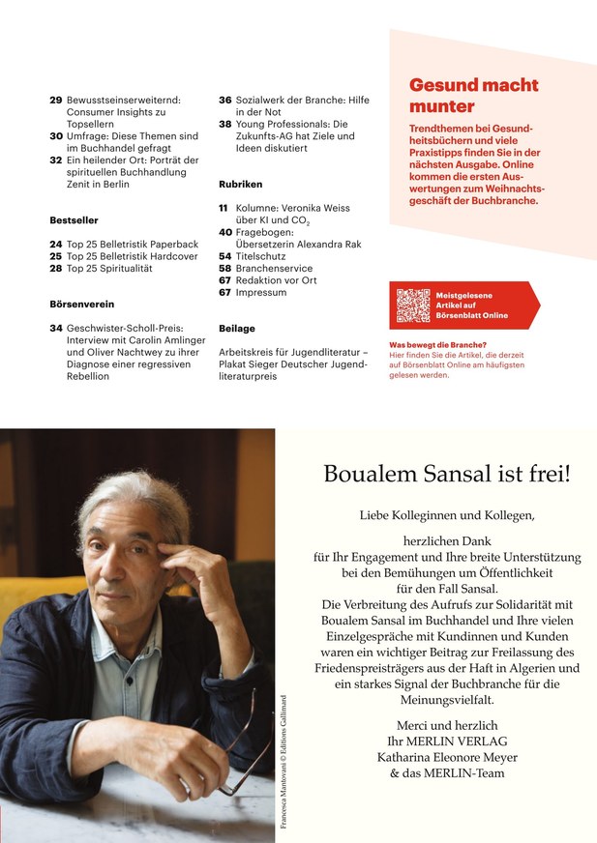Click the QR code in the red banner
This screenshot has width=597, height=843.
pyautogui.click(x=412, y=305)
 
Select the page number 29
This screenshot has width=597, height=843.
pyautogui.click(x=55, y=100)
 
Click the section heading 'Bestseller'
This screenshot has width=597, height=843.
pyautogui.click(x=74, y=220)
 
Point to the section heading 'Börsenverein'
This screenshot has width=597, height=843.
pyautogui.click(x=82, y=304)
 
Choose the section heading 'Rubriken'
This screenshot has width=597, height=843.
pyautogui.click(x=241, y=184)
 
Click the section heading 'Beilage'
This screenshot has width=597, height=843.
pyautogui.click(x=237, y=329)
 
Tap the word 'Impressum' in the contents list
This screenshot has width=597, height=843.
pyautogui.click(x=260, y=293)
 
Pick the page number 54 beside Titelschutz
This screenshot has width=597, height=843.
pyautogui.click(x=224, y=256)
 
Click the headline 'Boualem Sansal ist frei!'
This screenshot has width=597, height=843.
pyautogui.click(x=447, y=475)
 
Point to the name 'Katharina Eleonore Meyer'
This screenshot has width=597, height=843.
pyautogui.click(x=447, y=757)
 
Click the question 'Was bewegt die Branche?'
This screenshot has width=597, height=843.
pyautogui.click(x=437, y=345)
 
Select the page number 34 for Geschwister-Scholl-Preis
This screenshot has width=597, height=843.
pyautogui.click(x=55, y=329)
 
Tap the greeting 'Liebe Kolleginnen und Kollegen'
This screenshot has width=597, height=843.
pyautogui.click(x=446, y=515)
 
